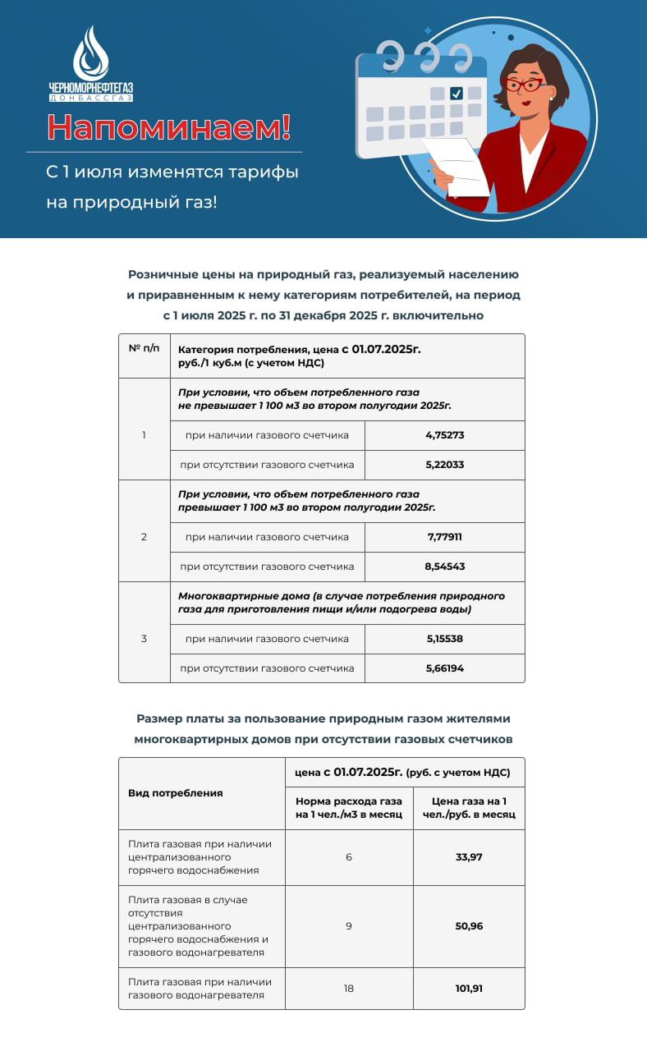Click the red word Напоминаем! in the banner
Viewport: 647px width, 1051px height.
(168, 127)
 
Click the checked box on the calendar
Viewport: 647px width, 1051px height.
(457, 94)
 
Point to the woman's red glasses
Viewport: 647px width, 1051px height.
(522, 85)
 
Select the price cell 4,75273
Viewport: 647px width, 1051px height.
(444, 435)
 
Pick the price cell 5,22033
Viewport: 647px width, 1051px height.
(444, 465)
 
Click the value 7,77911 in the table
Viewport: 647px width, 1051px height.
(444, 537)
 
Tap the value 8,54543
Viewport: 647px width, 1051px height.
(444, 567)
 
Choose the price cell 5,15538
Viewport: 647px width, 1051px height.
(444, 639)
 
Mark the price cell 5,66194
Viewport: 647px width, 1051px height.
(444, 668)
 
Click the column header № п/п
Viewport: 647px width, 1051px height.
(144, 348)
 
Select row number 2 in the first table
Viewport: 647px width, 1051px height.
(144, 537)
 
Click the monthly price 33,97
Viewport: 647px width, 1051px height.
(469, 857)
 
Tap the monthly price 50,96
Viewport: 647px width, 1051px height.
(469, 926)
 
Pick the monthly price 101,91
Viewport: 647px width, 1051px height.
(469, 989)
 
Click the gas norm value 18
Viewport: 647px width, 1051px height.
(349, 989)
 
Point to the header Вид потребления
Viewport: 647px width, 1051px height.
(175, 793)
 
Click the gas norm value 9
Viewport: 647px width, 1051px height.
(349, 926)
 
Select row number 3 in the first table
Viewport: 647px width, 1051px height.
(144, 639)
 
